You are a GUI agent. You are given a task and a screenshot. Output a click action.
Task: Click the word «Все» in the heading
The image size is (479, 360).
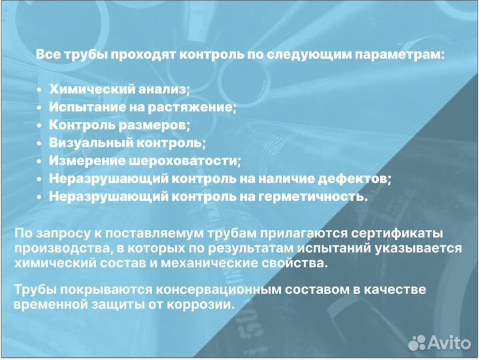[x=48, y=54]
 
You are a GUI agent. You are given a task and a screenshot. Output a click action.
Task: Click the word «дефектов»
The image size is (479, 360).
[x=358, y=179]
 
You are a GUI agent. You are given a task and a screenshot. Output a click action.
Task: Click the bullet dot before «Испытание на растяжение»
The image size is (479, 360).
[x=40, y=107]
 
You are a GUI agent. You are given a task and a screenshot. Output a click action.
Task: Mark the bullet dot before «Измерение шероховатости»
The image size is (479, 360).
[x=40, y=161]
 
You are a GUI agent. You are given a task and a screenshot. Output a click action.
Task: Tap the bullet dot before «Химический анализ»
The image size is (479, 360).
[x=40, y=89]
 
